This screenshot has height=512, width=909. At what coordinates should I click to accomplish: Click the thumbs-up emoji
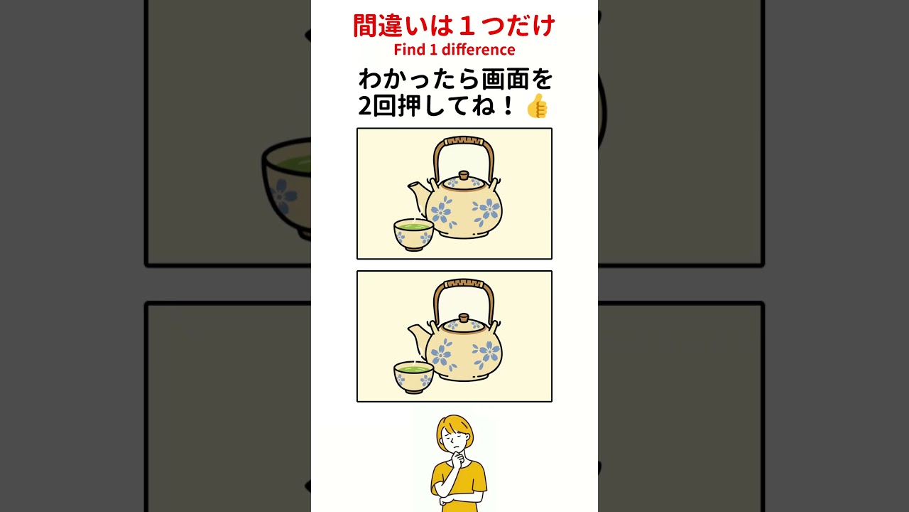537,106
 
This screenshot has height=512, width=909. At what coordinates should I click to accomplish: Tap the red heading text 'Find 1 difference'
454,50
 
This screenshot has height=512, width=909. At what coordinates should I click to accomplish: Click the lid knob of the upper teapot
464,176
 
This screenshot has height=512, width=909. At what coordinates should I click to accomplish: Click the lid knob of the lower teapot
464,318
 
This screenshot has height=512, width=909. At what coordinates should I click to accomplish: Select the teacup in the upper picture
413,235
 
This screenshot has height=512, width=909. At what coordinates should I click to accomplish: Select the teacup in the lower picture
413,377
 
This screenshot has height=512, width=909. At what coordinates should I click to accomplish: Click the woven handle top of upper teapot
464,142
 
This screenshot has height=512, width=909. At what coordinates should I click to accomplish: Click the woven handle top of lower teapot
464,284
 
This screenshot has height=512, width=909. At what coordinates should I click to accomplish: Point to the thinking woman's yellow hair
454,425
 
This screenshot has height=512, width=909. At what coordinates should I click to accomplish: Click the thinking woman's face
455,441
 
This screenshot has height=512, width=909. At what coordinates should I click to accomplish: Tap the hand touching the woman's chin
458,459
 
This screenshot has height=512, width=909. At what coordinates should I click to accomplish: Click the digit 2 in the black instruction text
365,106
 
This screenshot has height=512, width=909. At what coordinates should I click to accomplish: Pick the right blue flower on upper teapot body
485,211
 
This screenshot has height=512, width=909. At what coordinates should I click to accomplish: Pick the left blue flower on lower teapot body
441,354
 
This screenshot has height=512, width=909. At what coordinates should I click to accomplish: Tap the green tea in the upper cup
413,225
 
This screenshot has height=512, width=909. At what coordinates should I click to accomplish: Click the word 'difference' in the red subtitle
478,50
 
